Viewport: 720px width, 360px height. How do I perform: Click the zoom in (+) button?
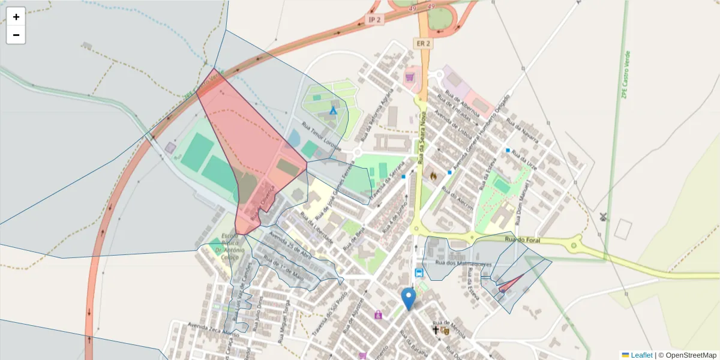(x=16, y=17)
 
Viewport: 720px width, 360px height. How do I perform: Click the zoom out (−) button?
(x=16, y=35)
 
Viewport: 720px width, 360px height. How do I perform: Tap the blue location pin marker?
(x=409, y=298)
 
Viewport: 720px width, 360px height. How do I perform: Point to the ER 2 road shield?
(x=422, y=43)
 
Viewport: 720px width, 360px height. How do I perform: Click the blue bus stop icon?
(x=419, y=273)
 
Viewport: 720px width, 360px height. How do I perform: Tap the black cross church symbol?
(x=436, y=330)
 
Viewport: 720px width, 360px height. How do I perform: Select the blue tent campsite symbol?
(x=334, y=110)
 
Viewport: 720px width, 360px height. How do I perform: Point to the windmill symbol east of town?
(x=604, y=216)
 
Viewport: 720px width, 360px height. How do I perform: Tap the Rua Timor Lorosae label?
(x=321, y=137)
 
